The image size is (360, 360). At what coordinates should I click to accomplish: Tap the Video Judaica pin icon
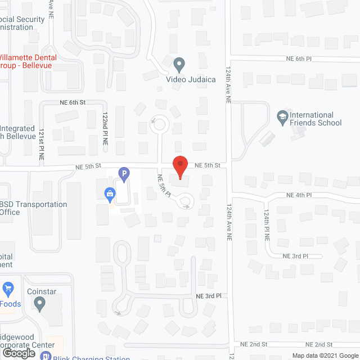pos(179,65)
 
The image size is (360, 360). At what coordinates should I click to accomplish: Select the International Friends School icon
pos(282,117)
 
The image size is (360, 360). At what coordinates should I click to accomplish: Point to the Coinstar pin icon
pos(39,304)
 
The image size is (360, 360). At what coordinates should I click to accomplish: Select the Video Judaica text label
pos(191,79)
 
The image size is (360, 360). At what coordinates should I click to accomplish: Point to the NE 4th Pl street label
pos(299,195)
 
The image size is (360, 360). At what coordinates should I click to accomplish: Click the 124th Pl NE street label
pos(267,226)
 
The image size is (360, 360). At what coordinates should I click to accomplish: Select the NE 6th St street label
pos(73,102)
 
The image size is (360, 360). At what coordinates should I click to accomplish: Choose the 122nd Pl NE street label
pos(105,129)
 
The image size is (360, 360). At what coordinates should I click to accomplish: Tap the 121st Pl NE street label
pos(42,145)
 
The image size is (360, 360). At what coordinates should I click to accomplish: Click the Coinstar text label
pos(42,292)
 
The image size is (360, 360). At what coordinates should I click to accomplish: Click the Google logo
pos(18,353)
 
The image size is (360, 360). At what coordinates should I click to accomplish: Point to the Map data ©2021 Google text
pos(324,355)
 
